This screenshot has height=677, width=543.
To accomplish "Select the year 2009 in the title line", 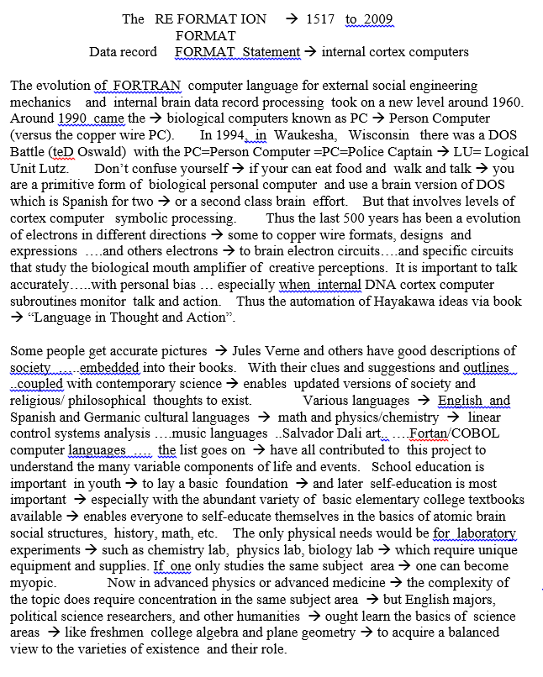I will tap(377, 19).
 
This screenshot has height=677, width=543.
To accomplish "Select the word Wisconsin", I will tap(379, 134).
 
